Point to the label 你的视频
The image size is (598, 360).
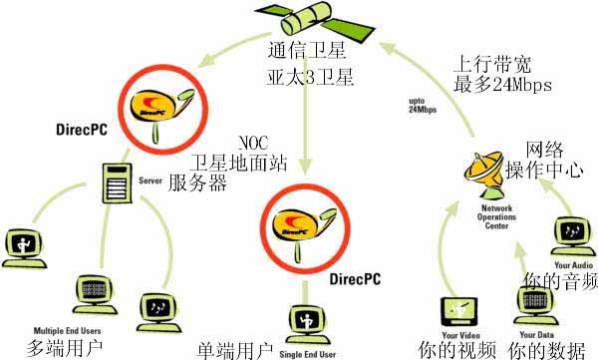point(457,350)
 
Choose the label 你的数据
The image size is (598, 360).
point(544,350)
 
